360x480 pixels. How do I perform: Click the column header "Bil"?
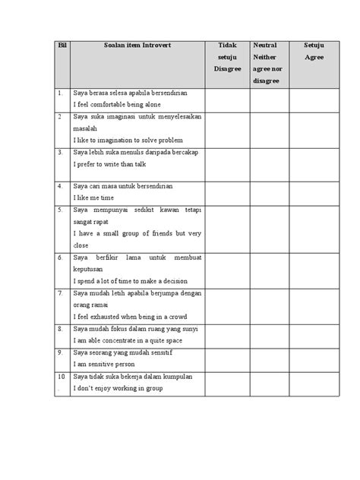[x=62, y=45]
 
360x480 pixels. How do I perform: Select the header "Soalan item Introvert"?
[x=138, y=45]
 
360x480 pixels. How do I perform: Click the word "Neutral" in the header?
[x=264, y=45]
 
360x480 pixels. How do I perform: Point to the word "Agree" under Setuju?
[x=314, y=57]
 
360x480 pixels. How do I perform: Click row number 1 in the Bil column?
[x=60, y=93]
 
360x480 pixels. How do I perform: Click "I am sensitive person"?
[x=108, y=363]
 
